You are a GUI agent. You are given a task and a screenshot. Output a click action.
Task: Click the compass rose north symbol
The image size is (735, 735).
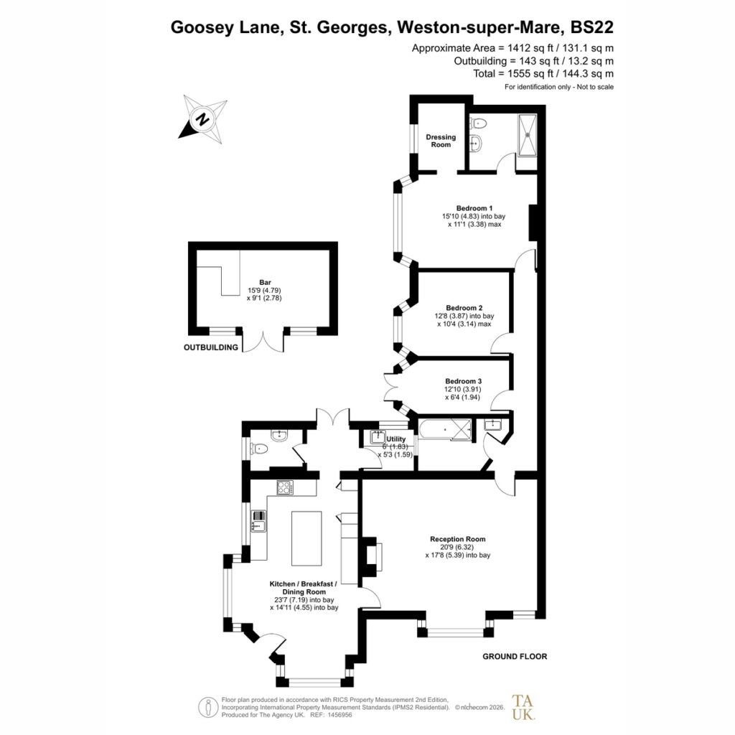pyautogui.click(x=202, y=119)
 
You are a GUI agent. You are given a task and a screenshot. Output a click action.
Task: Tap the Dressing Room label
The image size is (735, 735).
pyautogui.click(x=441, y=141)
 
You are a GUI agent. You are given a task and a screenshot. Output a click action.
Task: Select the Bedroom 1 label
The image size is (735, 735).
pyautogui.click(x=474, y=208)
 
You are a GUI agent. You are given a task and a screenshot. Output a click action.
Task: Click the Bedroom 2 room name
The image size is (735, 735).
pyautogui.click(x=464, y=308)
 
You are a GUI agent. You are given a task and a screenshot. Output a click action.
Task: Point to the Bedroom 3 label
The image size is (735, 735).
pyautogui.click(x=463, y=381)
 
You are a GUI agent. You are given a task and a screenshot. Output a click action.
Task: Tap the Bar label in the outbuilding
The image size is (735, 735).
pyautogui.click(x=265, y=282)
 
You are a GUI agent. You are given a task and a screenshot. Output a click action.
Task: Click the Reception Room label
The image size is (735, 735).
pyautogui.click(x=457, y=539)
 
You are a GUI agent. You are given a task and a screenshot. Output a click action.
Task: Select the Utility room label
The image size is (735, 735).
pyautogui.click(x=396, y=439)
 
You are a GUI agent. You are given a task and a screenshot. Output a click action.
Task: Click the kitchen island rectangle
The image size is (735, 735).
pyautogui.click(x=306, y=538)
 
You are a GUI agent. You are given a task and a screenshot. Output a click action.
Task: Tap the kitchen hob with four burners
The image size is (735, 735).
pyautogui.click(x=285, y=487)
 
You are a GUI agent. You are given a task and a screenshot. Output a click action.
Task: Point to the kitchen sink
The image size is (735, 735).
pyautogui.click(x=258, y=521)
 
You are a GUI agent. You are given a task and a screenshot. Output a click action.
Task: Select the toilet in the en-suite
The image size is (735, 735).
pyautogui.click(x=478, y=123)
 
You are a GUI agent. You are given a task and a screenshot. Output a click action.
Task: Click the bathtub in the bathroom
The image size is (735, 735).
pyautogui.click(x=444, y=429)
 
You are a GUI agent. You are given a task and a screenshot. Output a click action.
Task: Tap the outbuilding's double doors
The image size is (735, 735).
pyautogui.click(x=263, y=341)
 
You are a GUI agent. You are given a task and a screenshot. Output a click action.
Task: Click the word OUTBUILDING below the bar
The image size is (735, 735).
pyautogui.click(x=211, y=347)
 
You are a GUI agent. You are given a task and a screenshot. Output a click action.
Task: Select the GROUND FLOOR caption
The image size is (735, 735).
pyautogui.click(x=515, y=656)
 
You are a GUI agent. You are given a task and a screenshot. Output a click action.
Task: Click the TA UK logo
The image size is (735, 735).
pyautogui.click(x=523, y=707)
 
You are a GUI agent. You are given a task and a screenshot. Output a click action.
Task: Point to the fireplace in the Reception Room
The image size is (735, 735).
pyautogui.click(x=371, y=556)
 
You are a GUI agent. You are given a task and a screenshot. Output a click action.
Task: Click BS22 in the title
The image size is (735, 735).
pyautogui.click(x=591, y=27)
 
